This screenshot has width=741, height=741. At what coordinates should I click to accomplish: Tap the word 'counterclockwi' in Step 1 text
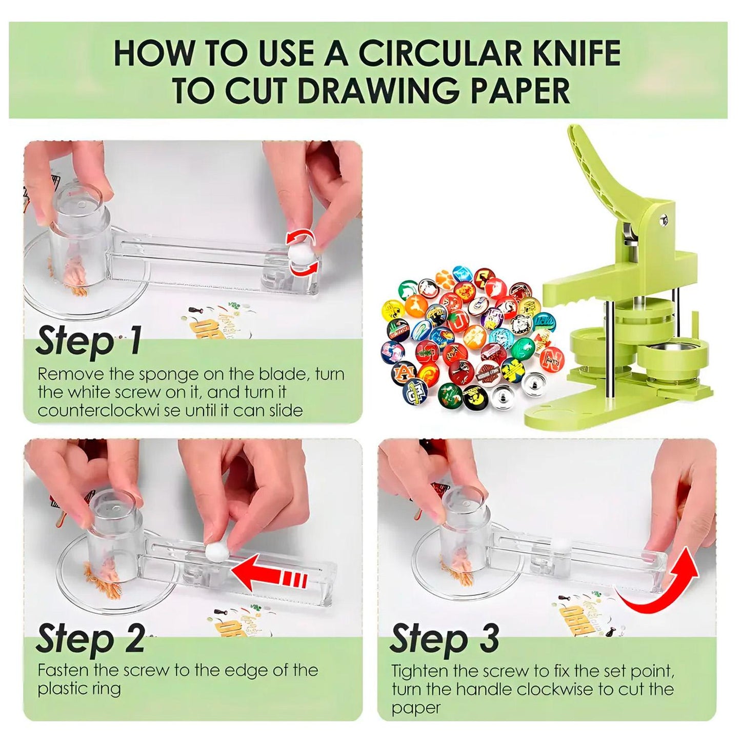(x=102, y=411)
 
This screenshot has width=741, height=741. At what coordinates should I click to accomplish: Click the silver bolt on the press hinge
(x=664, y=219)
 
